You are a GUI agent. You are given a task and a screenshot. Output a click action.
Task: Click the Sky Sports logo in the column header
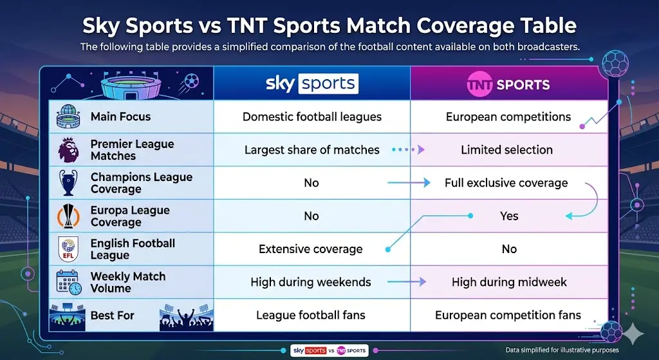click(311, 84)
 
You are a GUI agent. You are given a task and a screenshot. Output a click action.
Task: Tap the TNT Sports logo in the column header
click(508, 84)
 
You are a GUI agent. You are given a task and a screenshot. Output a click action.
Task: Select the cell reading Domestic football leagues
click(311, 117)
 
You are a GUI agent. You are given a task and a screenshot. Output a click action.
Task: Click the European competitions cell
click(508, 117)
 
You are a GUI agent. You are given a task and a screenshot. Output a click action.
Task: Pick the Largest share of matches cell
click(311, 150)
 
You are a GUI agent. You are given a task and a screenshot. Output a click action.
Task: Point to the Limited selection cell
click(506, 150)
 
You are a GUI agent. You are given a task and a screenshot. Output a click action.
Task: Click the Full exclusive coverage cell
click(506, 183)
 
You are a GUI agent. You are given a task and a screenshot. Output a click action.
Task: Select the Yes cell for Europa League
click(509, 216)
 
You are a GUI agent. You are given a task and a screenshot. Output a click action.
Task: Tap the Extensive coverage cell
click(311, 249)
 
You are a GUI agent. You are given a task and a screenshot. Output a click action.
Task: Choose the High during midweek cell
click(509, 281)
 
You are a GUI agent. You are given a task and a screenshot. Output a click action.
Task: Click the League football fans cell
click(311, 315)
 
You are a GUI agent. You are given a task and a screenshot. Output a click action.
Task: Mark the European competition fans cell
click(508, 315)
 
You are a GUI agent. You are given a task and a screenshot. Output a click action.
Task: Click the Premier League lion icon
click(68, 150)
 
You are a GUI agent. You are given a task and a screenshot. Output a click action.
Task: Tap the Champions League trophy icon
click(68, 183)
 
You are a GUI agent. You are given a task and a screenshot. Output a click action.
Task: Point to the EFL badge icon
click(68, 249)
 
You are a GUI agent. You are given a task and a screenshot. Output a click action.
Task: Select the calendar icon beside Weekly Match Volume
click(68, 282)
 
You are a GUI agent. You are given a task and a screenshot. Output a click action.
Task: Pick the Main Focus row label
click(120, 117)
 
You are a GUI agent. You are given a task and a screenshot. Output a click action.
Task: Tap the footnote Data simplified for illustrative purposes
click(562, 350)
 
